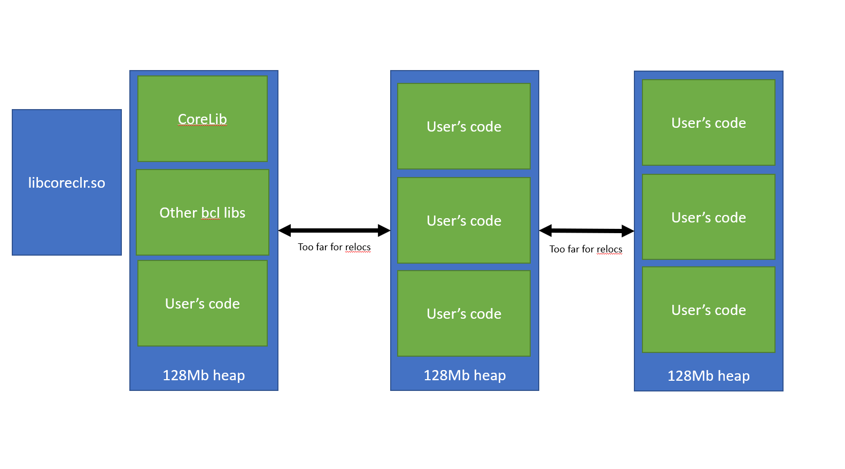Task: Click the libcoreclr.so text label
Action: click(x=67, y=183)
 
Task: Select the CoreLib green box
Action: click(x=203, y=118)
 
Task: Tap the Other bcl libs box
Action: click(x=203, y=212)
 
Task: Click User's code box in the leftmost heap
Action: click(x=203, y=303)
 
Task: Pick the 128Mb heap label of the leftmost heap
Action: click(x=204, y=375)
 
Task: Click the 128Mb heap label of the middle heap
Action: click(x=464, y=375)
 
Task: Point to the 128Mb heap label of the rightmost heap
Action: click(x=708, y=376)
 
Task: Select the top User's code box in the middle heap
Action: click(x=464, y=126)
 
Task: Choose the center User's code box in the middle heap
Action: click(x=464, y=220)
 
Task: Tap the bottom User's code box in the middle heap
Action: click(x=464, y=313)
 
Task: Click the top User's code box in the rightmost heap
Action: click(x=708, y=122)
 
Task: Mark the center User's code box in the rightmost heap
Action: click(x=708, y=217)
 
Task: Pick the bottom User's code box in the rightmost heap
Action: click(x=708, y=310)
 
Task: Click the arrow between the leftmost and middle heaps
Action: click(x=335, y=230)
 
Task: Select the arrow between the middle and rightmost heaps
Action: click(x=586, y=231)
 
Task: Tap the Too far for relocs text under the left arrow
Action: click(x=334, y=247)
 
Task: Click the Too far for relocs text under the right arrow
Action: click(x=586, y=249)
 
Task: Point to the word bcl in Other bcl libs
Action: click(x=211, y=213)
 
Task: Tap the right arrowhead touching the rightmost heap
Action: click(x=627, y=231)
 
